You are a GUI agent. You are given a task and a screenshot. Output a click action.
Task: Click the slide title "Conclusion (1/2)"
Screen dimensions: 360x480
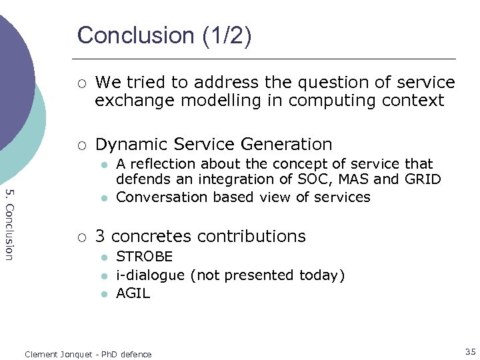click(x=164, y=35)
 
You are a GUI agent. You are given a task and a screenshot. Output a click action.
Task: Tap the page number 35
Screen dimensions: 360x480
click(x=471, y=351)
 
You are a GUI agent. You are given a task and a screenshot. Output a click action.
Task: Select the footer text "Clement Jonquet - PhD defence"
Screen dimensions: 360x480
click(x=88, y=354)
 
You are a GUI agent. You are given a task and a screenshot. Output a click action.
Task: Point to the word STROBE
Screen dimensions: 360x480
click(x=145, y=257)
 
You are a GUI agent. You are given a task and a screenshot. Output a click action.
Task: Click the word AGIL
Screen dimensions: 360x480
click(x=133, y=293)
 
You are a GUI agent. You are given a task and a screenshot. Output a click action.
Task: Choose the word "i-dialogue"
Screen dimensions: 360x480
click(x=151, y=275)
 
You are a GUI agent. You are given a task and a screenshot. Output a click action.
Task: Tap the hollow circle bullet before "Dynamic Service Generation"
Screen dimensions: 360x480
click(x=81, y=145)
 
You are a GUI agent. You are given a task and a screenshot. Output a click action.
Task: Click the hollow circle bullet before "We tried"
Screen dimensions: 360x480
click(x=81, y=83)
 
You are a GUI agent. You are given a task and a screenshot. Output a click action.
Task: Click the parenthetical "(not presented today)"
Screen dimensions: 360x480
click(x=267, y=275)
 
